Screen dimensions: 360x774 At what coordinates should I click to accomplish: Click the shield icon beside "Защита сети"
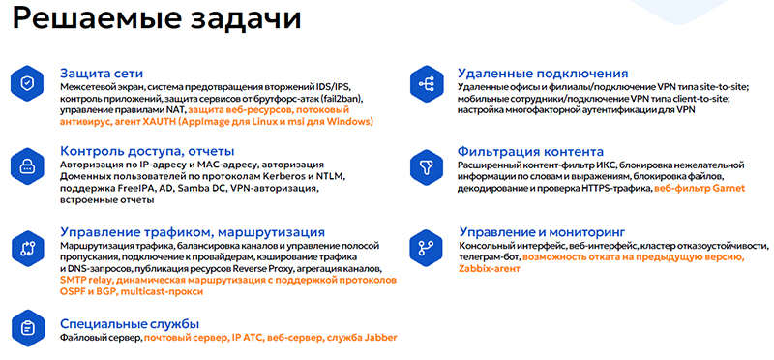tap(28, 83)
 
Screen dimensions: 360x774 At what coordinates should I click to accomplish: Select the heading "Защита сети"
tap(102, 73)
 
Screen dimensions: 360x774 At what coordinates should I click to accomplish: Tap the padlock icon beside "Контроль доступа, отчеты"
tap(28, 162)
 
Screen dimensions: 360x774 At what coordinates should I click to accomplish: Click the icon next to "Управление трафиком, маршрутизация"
tap(28, 244)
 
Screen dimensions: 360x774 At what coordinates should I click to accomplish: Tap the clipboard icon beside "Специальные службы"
tap(28, 326)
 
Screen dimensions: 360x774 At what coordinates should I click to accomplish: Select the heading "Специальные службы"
tap(130, 322)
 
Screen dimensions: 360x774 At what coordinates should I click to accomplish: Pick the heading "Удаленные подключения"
tap(544, 73)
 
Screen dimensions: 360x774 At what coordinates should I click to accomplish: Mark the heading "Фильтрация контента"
tap(537, 152)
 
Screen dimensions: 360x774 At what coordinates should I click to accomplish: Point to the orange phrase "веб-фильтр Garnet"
tap(699, 189)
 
